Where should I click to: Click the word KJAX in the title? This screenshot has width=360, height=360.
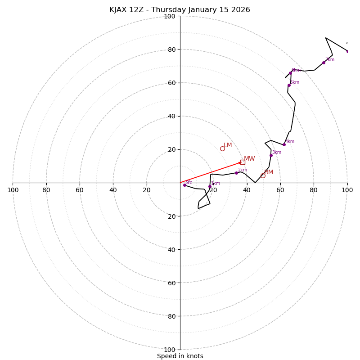coord(119,10)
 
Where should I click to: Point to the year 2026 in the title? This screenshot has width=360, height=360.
coord(241,10)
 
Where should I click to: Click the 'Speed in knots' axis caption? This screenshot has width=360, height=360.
coord(180,356)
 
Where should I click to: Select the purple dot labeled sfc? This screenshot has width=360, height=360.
coord(184,185)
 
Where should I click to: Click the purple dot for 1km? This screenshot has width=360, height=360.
coord(210,186)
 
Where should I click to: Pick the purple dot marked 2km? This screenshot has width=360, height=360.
coord(236,173)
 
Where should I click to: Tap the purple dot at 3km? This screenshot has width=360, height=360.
coord(271,155)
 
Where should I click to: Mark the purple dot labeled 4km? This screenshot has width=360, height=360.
coord(284,144)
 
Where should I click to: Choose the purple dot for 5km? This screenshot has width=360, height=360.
coord(289,85)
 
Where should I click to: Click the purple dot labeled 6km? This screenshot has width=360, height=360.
coord(290,73)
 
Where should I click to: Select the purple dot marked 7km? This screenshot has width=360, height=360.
coord(324,63)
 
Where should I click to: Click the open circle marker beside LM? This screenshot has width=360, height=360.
coord(222,148)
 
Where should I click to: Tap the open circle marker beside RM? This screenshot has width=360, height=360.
coord(263,175)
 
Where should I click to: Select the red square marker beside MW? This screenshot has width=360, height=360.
coord(243,162)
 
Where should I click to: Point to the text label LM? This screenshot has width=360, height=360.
coord(228,145)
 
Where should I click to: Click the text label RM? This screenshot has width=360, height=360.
coord(269,172)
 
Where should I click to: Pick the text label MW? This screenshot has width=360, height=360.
coord(249,158)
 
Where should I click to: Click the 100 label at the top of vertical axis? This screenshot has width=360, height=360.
coord(170,16)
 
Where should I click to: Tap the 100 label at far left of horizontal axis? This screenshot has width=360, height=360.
coord(13,190)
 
